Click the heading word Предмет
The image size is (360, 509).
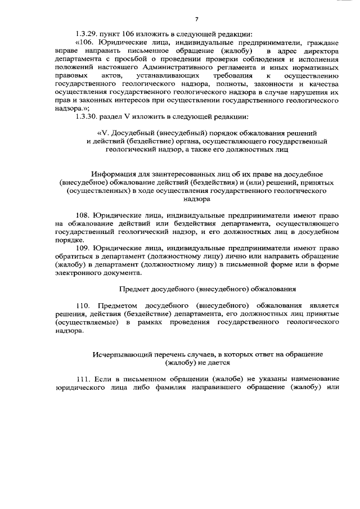click(136, 289)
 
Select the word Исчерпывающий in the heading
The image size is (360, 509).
click(119, 355)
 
